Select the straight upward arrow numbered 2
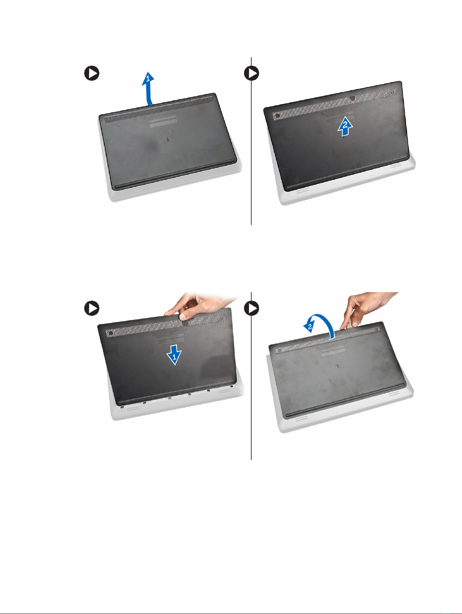tap(345, 126)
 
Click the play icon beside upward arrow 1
tap(92, 73)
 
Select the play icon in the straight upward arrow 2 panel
tap(252, 73)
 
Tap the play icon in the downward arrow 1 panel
tap(92, 308)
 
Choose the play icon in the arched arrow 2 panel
tap(252, 308)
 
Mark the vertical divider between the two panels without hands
tap(251, 141)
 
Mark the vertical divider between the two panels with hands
tap(251, 376)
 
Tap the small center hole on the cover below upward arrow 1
tap(167, 138)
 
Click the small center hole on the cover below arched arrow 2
tap(338, 365)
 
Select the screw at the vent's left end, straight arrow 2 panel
tap(278, 115)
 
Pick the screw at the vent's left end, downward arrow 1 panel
tap(111, 333)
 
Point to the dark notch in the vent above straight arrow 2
tap(352, 99)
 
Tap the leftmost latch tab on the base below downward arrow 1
tap(122, 407)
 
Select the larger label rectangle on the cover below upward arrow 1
tap(164, 123)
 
